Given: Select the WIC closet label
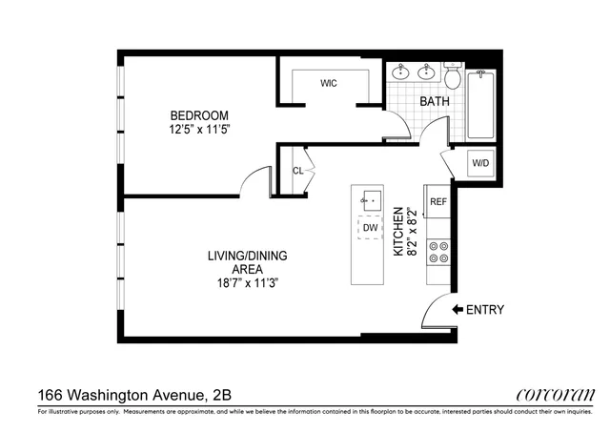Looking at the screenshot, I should click(329, 83).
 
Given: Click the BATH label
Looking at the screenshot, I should click(435, 100).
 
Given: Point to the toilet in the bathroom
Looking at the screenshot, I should click(453, 73).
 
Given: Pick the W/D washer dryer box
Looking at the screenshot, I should click(480, 163).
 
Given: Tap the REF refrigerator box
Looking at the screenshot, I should click(438, 202).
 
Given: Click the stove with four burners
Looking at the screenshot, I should click(439, 251).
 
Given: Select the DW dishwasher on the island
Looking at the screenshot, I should click(368, 230).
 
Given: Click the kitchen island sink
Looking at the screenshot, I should click(369, 201).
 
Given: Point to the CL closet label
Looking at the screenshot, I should click(298, 172).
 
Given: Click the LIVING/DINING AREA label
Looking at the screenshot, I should click(249, 262).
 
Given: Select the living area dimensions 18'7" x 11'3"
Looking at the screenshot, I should click(249, 283).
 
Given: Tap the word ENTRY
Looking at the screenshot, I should click(485, 310).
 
